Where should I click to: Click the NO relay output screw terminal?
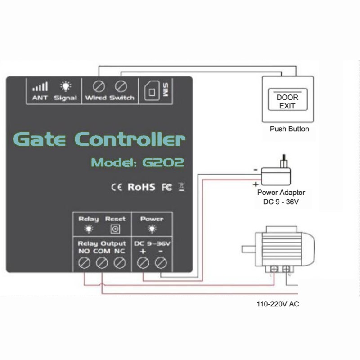84,263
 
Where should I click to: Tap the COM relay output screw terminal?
102,263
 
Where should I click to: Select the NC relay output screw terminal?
120,263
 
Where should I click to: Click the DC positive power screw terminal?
143,263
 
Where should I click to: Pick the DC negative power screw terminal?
161,263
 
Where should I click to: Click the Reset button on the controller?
115,229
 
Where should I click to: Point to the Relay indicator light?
89,229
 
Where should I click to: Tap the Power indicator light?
152,229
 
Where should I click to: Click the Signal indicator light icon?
66,86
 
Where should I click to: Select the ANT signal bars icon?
40,86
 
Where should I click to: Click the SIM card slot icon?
152,91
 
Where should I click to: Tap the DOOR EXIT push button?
288,99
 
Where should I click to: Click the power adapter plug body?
276,176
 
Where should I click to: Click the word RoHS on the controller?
141,187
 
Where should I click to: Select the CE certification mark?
117,187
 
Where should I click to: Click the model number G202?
163,162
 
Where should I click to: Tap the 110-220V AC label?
278,304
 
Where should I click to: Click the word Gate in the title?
40,139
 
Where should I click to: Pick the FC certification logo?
167,187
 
